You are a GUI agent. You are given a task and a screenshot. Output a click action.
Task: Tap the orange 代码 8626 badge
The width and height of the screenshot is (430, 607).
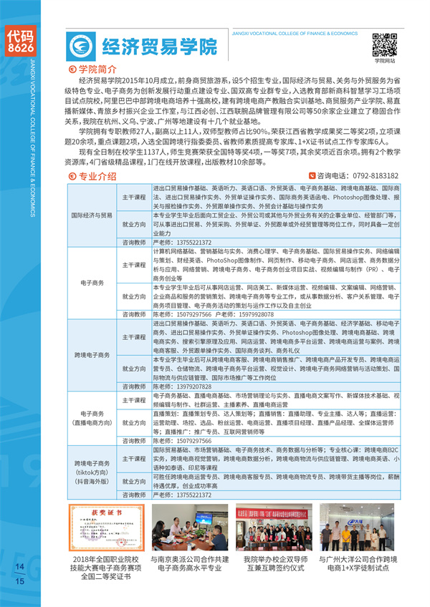19,41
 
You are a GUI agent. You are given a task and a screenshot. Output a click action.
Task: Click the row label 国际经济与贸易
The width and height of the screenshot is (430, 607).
91,215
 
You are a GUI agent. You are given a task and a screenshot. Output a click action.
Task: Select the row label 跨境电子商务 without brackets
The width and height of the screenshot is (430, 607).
91,355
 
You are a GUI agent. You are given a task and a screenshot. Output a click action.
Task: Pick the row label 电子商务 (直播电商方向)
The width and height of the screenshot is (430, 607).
91,418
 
